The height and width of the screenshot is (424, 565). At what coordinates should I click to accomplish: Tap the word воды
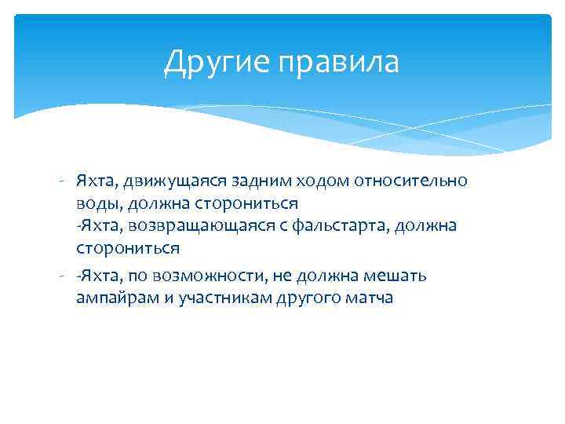[93, 203]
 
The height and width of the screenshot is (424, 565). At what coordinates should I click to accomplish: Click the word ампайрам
[115, 298]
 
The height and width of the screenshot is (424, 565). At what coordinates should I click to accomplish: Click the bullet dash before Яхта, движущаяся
[60, 181]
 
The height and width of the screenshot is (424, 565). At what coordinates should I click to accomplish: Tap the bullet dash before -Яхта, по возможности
[60, 276]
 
